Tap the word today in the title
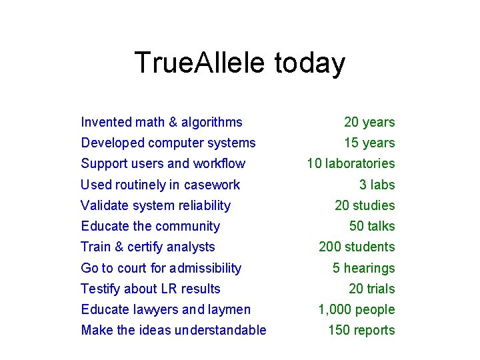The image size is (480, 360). (309, 63)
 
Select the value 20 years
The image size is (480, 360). (369, 122)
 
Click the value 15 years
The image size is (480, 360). (369, 143)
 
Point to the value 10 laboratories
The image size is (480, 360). (351, 163)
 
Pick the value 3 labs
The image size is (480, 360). (377, 185)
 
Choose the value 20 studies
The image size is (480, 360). (365, 205)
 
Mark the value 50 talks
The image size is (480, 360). (372, 226)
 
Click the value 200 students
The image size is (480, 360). (357, 247)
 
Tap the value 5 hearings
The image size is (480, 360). (364, 268)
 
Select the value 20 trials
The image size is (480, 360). (372, 289)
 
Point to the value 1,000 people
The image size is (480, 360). (357, 309)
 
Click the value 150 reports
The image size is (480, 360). (361, 330)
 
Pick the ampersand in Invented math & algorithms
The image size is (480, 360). (173, 122)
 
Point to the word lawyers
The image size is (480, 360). (155, 309)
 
